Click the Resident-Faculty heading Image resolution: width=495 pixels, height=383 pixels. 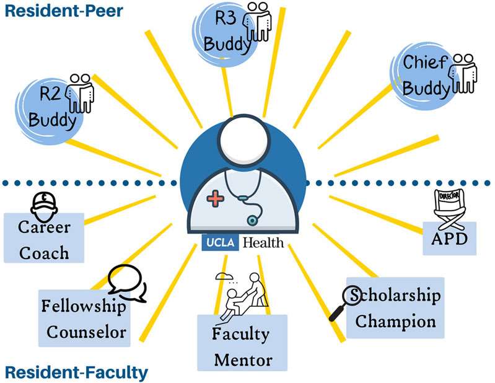pyautogui.click(x=77, y=372)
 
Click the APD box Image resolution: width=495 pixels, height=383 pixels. pyautogui.click(x=450, y=238)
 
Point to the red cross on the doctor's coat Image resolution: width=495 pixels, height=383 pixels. pyautogui.click(x=216, y=199)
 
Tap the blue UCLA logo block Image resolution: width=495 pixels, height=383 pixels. pyautogui.click(x=220, y=242)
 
